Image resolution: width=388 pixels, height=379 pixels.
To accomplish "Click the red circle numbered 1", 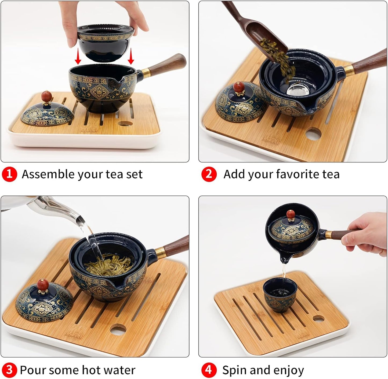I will pyautogui.click(x=9, y=174).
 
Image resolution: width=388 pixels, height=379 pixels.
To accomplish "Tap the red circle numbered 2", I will pyautogui.click(x=209, y=174).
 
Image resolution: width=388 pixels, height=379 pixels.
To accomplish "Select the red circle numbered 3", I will pyautogui.click(x=9, y=370).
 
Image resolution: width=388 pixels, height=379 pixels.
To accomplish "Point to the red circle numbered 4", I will pyautogui.click(x=209, y=370).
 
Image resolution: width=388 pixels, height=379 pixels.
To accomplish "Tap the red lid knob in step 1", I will pyautogui.click(x=46, y=97).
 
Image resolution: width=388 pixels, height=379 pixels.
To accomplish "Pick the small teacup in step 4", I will pyautogui.click(x=277, y=295).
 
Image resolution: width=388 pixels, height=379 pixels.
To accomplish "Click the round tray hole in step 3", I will pyautogui.click(x=118, y=329).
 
